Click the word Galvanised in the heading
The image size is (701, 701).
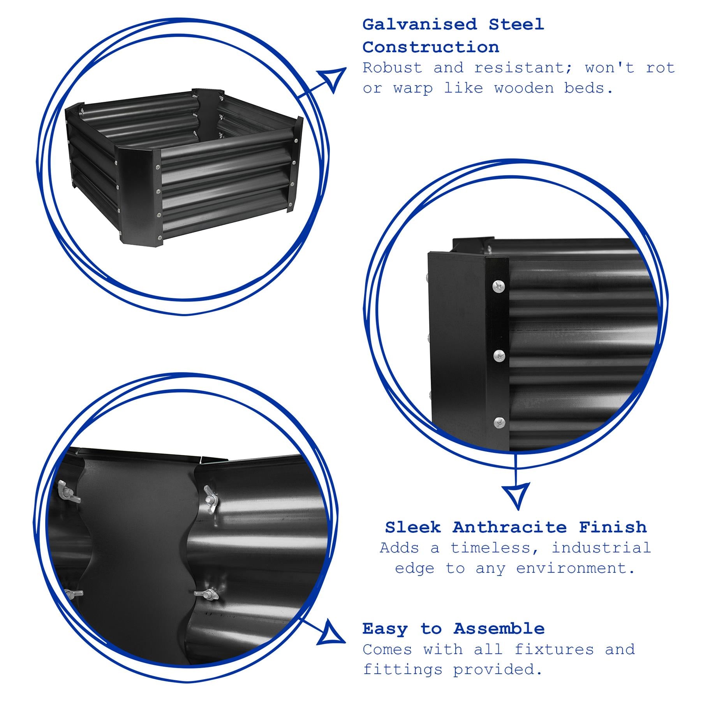pyautogui.click(x=419, y=25)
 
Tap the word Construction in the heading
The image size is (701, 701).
pyautogui.click(x=431, y=48)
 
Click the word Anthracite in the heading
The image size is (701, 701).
pyautogui.click(x=509, y=527)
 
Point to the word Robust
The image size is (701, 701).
pyautogui.click(x=393, y=68)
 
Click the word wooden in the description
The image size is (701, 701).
pyautogui.click(x=524, y=88)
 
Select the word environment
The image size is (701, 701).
pyautogui.click(x=575, y=568)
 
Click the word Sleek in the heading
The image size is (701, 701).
pyautogui.click(x=413, y=527)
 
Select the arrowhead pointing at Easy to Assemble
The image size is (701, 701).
pyautogui.click(x=331, y=643)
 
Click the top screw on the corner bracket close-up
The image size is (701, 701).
pyautogui.click(x=499, y=287)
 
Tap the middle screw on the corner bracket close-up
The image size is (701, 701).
pyautogui.click(x=499, y=355)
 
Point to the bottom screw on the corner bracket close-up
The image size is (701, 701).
pyautogui.click(x=499, y=422)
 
